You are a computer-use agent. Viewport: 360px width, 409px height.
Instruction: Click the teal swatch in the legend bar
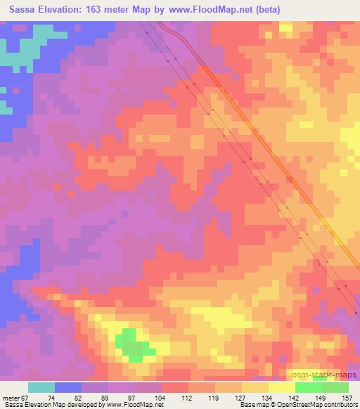(x=41, y=387)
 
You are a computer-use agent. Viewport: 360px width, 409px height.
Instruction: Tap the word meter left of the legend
(x=11, y=397)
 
